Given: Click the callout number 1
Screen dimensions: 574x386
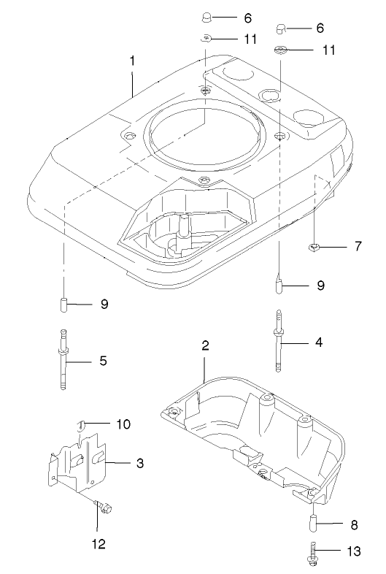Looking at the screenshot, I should (x=132, y=61).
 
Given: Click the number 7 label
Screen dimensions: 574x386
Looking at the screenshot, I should (x=357, y=246).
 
